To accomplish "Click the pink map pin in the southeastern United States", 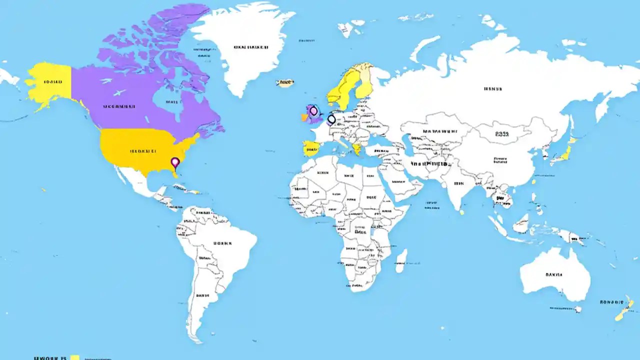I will click(175, 162).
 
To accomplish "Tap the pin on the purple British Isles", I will click(313, 111).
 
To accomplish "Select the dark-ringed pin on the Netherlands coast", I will click(331, 119).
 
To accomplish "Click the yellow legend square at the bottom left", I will click(75, 357).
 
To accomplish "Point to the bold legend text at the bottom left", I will click(49, 358).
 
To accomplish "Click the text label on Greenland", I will click(251, 47).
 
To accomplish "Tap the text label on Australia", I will click(554, 274).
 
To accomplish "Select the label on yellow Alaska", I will click(52, 81).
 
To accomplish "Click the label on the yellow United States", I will click(143, 150).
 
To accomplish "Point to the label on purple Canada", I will click(119, 106).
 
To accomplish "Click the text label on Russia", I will click(492, 89).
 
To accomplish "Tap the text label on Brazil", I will click(222, 243).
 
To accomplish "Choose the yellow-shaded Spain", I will click(310, 148).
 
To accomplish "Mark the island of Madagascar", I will click(401, 261).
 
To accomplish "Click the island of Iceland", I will click(285, 83).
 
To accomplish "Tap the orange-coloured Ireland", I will click(304, 117).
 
